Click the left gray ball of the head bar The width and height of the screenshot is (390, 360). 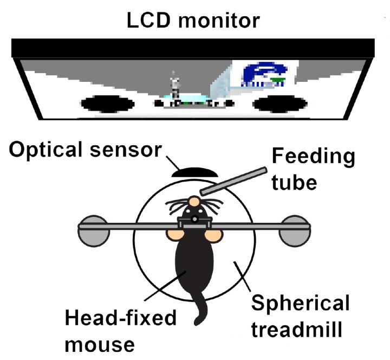point(94,230)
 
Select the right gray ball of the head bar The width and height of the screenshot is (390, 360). point(295,230)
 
